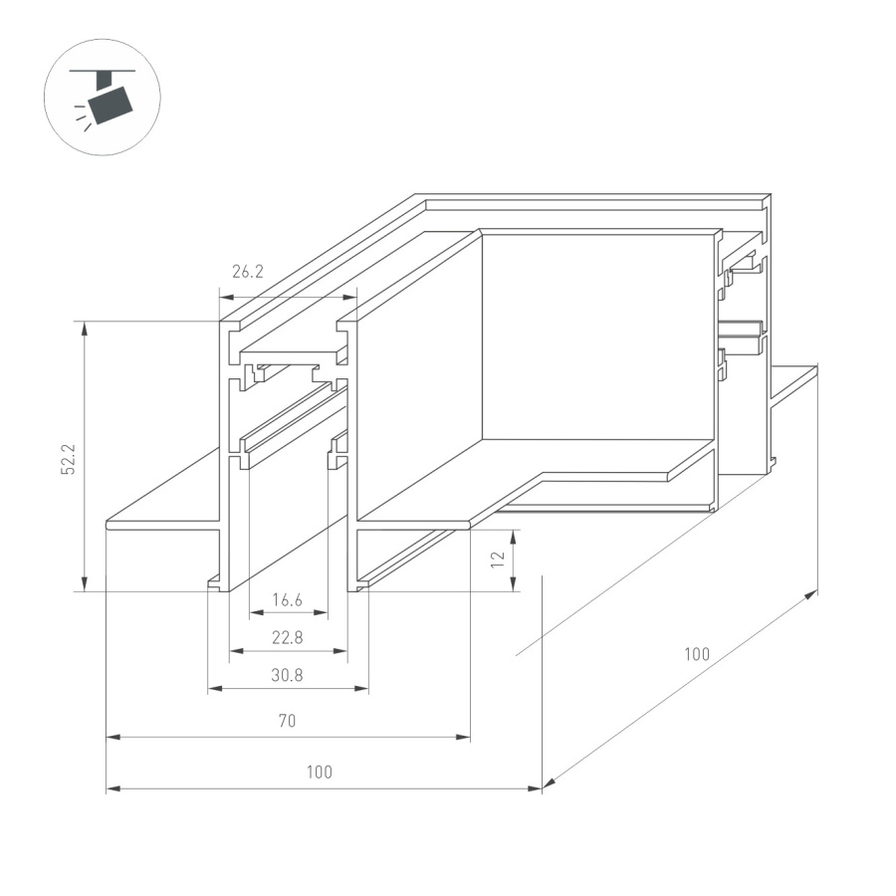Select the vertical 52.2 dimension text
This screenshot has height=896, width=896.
pyautogui.click(x=67, y=455)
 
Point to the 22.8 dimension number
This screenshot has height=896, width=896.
pyautogui.click(x=287, y=637)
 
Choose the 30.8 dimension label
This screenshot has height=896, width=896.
pyautogui.click(x=287, y=675)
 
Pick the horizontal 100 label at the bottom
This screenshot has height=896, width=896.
pyautogui.click(x=320, y=773)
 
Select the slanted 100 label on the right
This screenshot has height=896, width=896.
pyautogui.click(x=696, y=655)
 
